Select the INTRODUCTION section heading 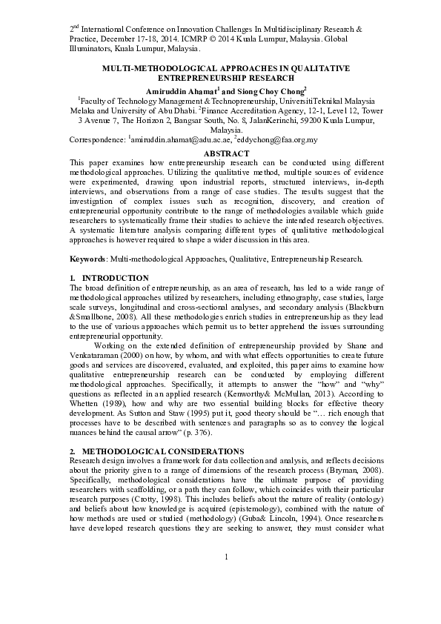[115, 278]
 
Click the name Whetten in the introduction [87, 403]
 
